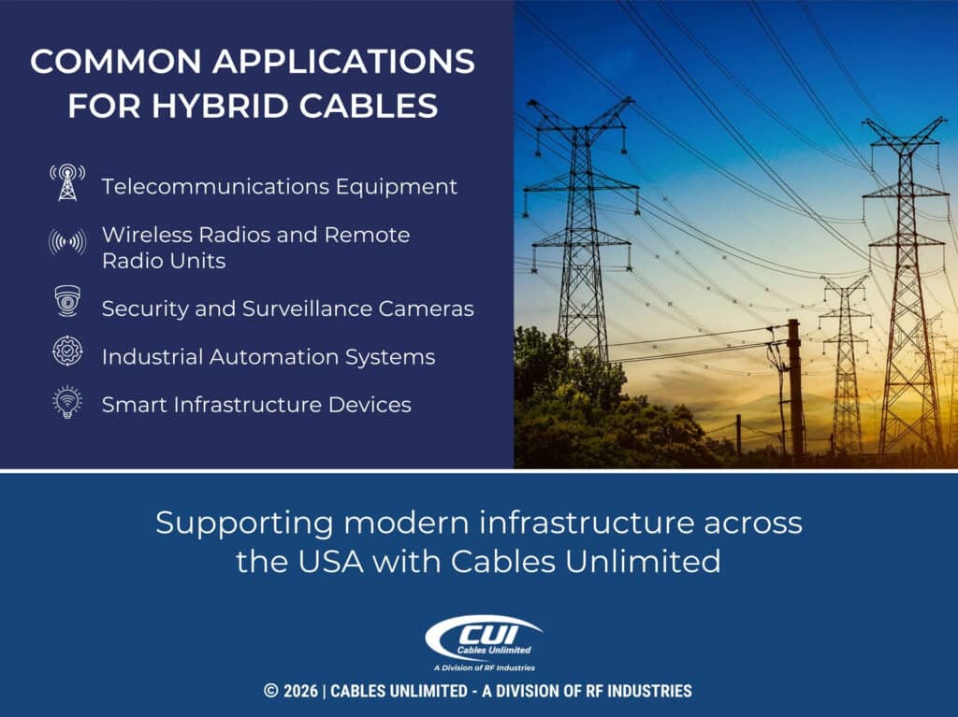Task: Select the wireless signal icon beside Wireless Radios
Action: (67, 242)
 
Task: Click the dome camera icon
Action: (67, 301)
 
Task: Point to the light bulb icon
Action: (67, 403)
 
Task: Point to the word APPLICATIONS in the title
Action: (342, 62)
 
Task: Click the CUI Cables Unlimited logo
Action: (483, 638)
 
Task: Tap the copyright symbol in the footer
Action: (271, 692)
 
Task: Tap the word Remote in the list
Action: (366, 235)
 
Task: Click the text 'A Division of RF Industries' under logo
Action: (483, 667)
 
